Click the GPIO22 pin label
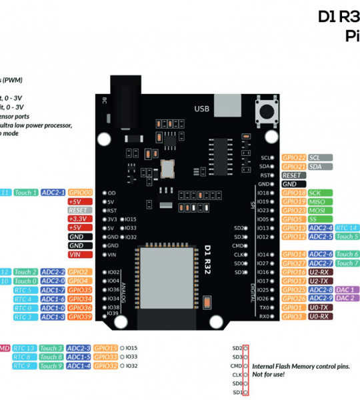coord(293,157)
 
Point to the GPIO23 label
coord(293,210)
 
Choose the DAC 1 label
coord(347,290)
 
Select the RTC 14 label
coord(347,228)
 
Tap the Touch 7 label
coord(347,263)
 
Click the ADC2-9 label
coord(321,299)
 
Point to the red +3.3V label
coord(77,219)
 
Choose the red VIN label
coord(77,254)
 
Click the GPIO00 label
coord(79,193)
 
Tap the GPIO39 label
coord(79,317)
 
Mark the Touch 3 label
coord(51,348)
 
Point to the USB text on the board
coord(201,108)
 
